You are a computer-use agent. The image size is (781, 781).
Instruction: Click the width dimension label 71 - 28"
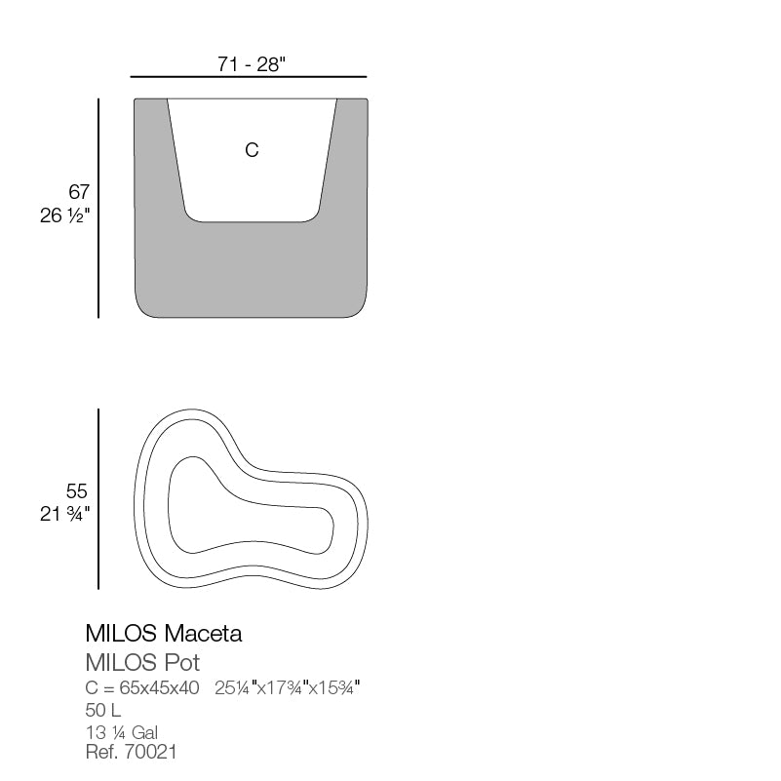coord(251,64)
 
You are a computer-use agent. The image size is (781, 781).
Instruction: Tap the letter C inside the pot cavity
coord(252,150)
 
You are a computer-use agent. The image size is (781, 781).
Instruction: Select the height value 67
coord(78,192)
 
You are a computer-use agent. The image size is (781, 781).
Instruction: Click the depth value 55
coord(77,491)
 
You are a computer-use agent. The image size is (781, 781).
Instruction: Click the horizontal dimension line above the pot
coord(248,77)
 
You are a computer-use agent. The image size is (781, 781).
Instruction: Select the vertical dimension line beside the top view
coord(98,499)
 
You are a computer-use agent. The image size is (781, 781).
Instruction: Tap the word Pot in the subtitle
coord(182,663)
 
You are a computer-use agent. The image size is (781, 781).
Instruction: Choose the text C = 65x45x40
coord(142,688)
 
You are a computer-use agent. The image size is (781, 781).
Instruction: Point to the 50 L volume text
coord(103,710)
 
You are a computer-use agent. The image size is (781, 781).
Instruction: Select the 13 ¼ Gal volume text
coord(122,732)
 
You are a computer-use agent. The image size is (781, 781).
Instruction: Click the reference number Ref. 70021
coord(132,752)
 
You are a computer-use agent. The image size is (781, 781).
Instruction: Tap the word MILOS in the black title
coord(120,634)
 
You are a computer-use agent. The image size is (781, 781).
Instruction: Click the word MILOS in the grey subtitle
coord(119,663)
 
